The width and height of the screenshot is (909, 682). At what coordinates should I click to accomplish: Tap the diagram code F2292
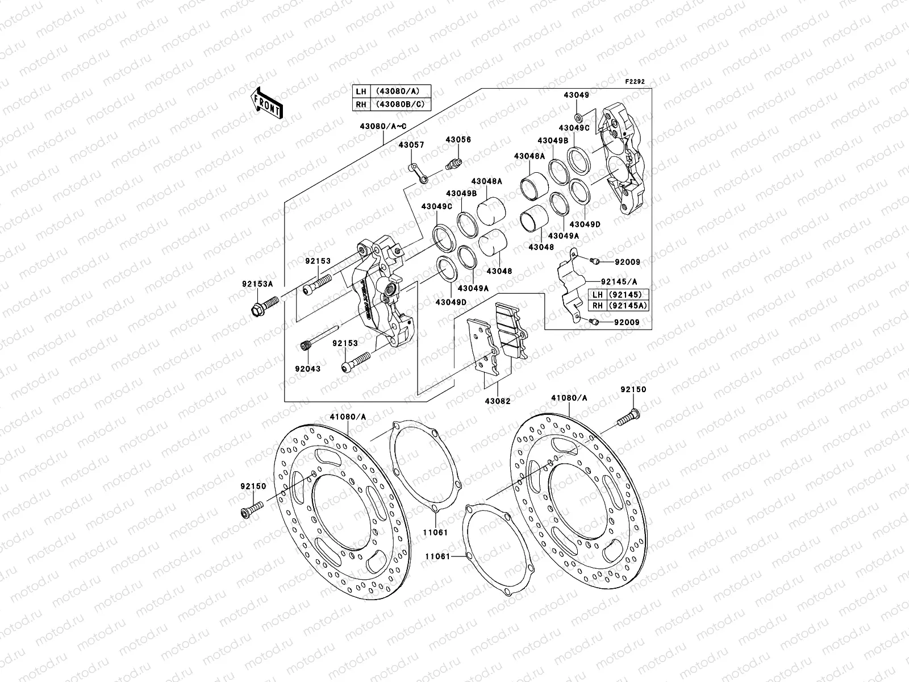(x=635, y=82)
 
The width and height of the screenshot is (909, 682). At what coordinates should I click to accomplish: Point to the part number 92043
(x=307, y=369)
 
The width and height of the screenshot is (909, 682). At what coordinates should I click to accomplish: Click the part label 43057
(x=411, y=145)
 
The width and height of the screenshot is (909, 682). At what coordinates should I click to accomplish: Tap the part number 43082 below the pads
(x=497, y=401)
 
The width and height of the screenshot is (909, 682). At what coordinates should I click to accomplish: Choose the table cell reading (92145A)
(x=628, y=306)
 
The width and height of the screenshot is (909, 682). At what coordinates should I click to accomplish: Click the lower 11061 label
(x=436, y=557)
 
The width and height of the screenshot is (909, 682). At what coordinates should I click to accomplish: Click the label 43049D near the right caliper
(x=585, y=224)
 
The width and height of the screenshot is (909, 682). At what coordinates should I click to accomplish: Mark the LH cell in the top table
(x=360, y=91)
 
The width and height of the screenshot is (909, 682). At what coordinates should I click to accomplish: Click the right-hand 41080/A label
(x=569, y=398)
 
